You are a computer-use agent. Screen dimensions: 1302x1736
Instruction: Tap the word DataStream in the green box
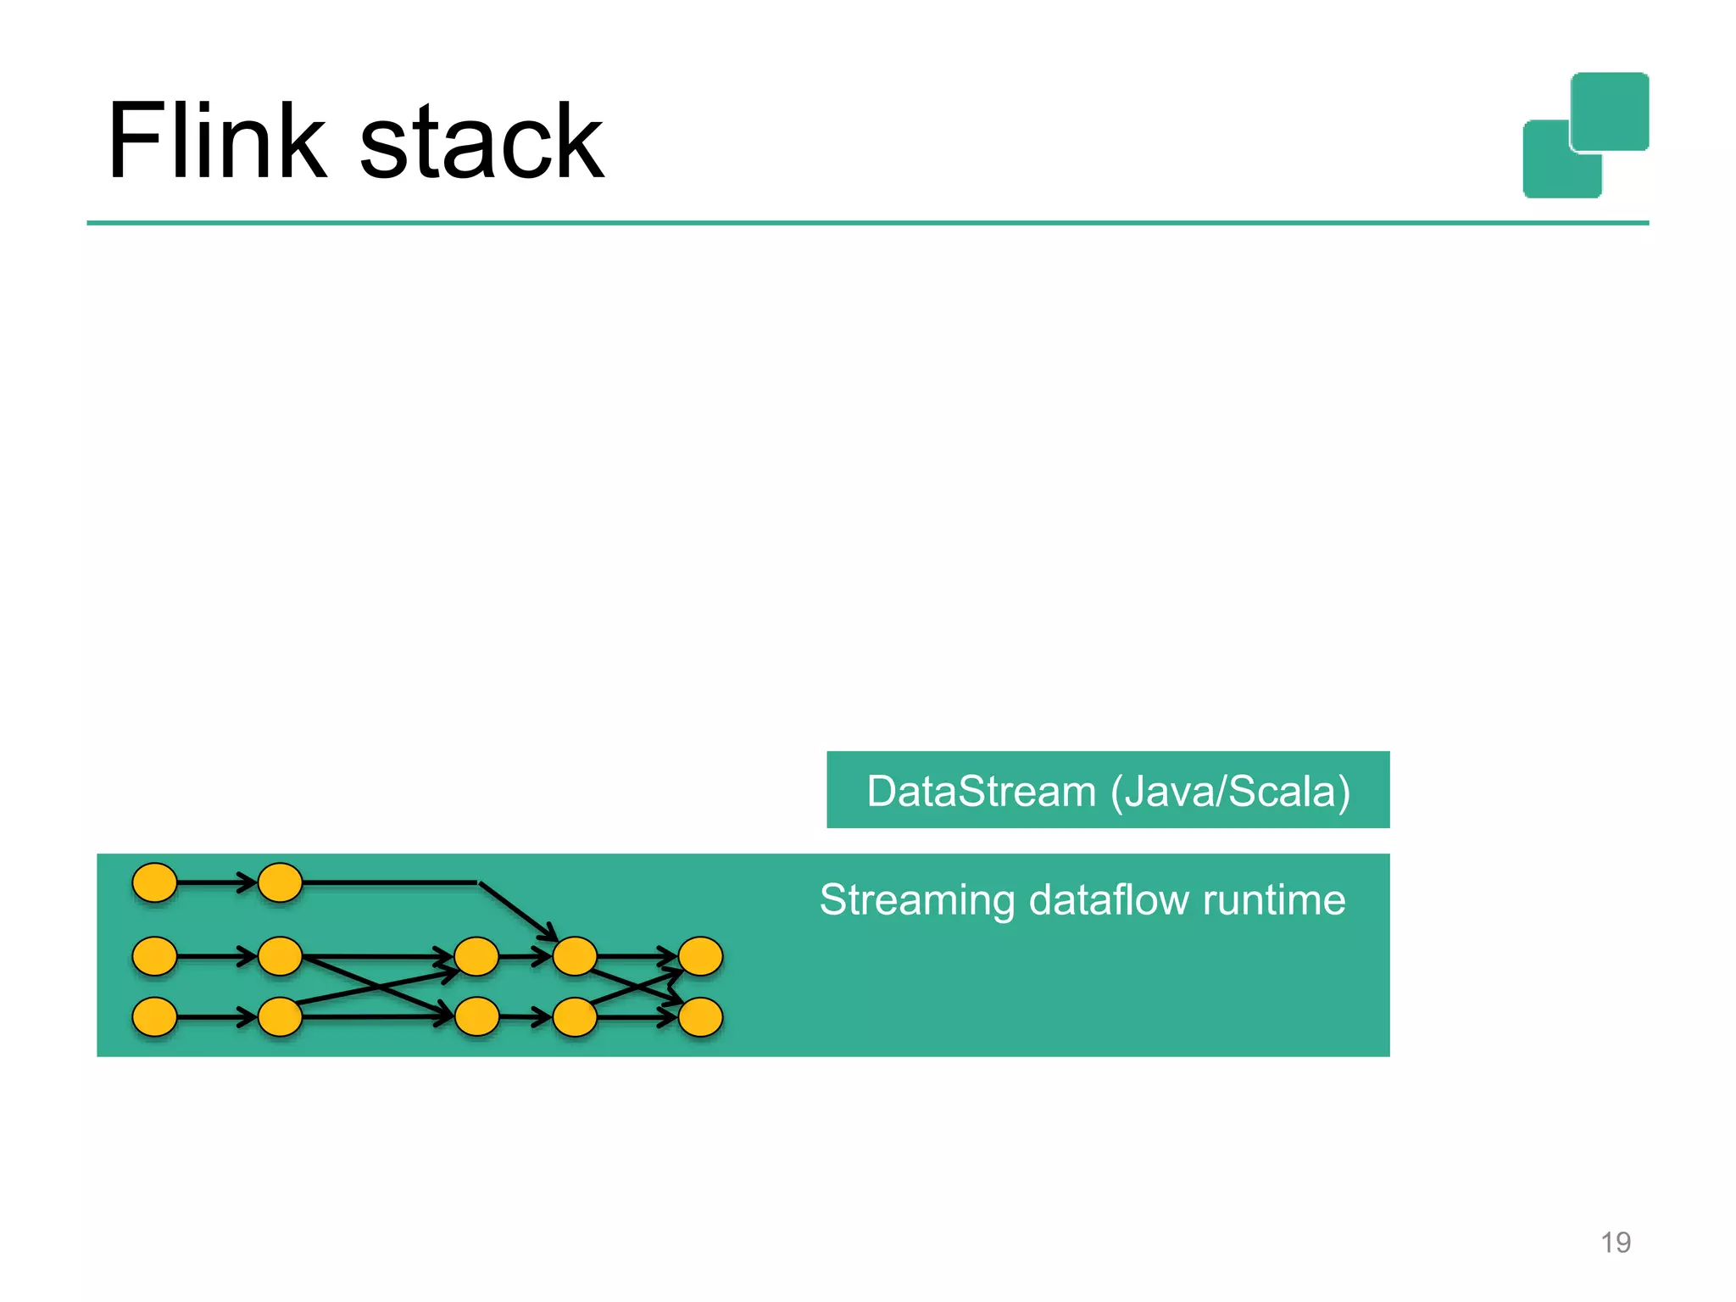coord(981,792)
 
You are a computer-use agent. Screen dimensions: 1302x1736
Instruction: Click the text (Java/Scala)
coord(1230,792)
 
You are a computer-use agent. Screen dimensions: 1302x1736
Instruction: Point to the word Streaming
coord(916,900)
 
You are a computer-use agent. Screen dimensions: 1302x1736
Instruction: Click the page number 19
coord(1615,1243)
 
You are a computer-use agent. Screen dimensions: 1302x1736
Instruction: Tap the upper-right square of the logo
coord(1610,111)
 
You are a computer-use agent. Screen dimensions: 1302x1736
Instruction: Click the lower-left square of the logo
coord(1551,170)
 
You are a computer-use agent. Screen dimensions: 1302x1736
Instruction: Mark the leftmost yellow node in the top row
coord(155,882)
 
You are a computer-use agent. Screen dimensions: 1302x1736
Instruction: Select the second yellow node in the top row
coord(280,882)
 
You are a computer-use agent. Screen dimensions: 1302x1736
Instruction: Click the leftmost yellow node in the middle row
coord(155,956)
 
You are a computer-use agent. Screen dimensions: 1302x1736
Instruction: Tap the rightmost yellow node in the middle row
coord(700,956)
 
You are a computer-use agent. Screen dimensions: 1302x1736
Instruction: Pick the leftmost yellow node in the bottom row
coord(155,1017)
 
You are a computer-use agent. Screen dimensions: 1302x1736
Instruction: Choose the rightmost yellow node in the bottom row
coord(700,1017)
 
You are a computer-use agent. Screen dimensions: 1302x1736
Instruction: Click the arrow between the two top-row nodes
coord(217,882)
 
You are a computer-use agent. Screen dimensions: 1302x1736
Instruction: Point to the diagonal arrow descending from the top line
coord(517,911)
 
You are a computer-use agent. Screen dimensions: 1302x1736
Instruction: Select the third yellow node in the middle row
coord(476,956)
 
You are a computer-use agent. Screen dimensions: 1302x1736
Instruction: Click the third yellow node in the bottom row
coord(476,1017)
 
